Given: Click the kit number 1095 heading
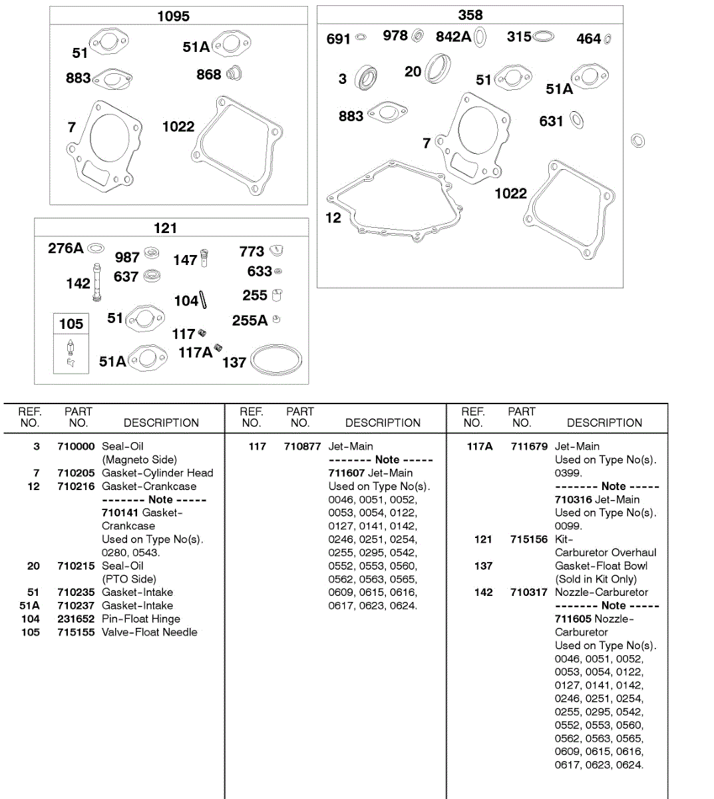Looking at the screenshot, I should click(173, 16).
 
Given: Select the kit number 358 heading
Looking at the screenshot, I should click(470, 15).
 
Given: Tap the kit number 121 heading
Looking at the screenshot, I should click(165, 228).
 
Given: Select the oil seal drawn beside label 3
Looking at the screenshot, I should click(365, 78).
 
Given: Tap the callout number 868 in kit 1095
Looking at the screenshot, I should click(208, 75).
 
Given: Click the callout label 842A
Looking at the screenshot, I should click(453, 37).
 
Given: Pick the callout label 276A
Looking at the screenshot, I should click(65, 248).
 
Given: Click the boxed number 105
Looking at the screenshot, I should click(71, 324).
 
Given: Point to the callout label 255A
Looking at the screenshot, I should click(250, 321).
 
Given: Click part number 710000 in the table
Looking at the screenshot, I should click(76, 446).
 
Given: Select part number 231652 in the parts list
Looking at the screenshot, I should click(76, 619).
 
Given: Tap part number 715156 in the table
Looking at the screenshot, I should click(529, 539).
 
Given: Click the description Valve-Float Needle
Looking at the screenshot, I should click(150, 632).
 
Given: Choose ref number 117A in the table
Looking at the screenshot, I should click(480, 446).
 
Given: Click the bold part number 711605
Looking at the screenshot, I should click(573, 619).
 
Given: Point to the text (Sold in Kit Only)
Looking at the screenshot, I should click(596, 579).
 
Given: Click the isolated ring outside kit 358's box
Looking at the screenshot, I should click(637, 140).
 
